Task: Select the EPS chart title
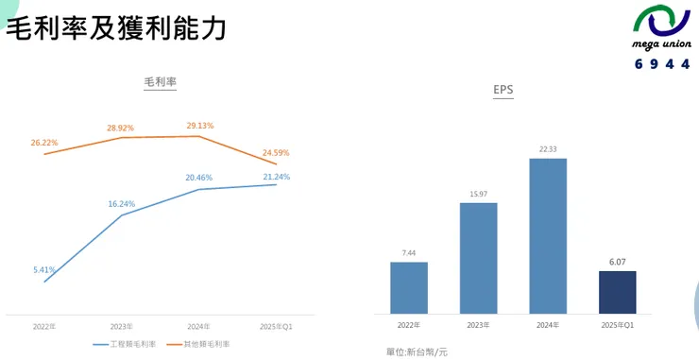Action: (503, 90)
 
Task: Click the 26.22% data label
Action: (44, 143)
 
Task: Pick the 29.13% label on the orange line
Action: (199, 125)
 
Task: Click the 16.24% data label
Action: (122, 203)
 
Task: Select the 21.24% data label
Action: (276, 177)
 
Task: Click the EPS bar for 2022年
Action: (408, 287)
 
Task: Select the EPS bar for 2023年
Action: (478, 258)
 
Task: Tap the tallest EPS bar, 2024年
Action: (548, 235)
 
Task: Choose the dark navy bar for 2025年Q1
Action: (617, 292)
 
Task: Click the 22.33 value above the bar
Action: (548, 149)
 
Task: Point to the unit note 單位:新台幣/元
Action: (417, 351)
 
